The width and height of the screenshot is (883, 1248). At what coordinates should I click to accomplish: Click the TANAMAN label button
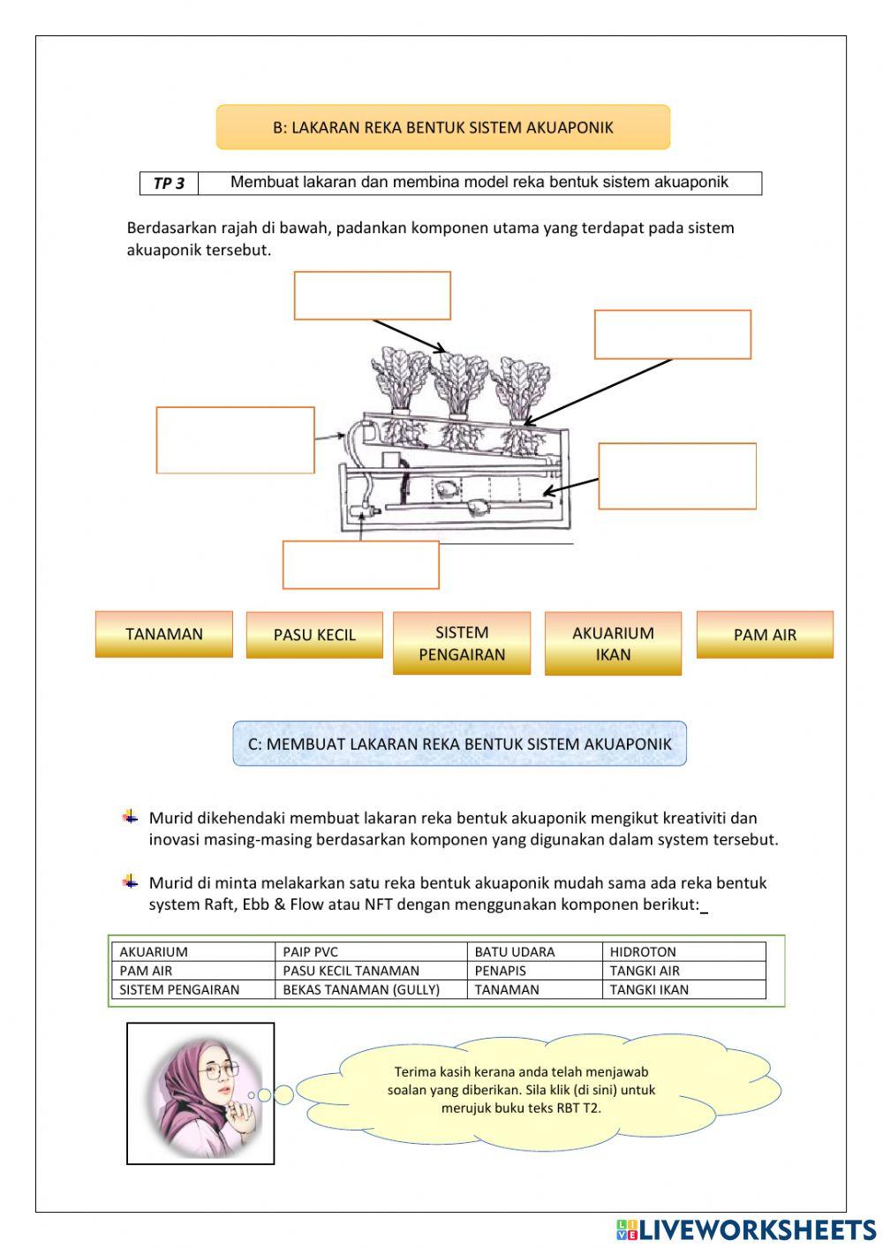(164, 634)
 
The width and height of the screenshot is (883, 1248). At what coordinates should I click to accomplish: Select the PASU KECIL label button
(314, 635)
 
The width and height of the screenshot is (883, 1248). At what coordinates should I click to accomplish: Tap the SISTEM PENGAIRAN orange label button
(462, 643)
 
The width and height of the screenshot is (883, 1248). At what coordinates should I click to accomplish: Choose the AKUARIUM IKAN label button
(613, 644)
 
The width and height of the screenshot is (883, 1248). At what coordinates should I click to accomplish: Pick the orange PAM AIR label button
(765, 635)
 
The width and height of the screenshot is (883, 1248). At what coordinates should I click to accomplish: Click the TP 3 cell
(169, 184)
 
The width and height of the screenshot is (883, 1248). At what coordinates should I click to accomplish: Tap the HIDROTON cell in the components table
(686, 952)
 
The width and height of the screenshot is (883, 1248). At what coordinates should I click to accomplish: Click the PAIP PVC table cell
(371, 952)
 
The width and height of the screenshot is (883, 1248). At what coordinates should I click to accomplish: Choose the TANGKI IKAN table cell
(686, 989)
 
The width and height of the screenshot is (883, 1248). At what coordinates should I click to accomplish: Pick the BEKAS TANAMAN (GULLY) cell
(371, 989)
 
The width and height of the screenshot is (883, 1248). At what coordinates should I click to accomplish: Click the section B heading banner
(443, 127)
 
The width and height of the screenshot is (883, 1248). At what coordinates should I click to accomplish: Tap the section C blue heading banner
(459, 744)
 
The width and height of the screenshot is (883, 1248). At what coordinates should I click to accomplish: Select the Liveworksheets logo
(746, 1229)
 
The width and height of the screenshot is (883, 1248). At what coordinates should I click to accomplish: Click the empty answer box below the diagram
(360, 565)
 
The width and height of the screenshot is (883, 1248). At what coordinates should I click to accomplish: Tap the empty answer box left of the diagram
(235, 440)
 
